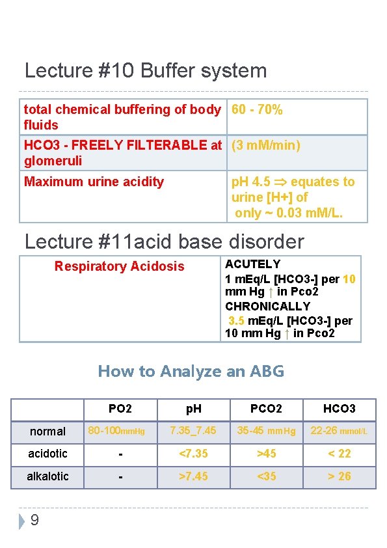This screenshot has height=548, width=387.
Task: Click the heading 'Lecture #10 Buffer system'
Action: click(146, 70)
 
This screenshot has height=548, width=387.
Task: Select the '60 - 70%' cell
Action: click(257, 109)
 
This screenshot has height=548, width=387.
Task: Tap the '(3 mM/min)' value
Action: click(266, 145)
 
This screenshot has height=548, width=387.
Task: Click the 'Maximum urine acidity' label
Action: click(94, 182)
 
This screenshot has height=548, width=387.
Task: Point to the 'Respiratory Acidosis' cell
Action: click(120, 266)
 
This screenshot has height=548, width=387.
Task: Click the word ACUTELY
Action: click(253, 264)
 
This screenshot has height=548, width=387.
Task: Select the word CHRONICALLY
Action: click(259, 306)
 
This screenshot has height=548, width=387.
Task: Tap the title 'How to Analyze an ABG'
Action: click(191, 372)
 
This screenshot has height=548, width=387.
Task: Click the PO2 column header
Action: click(120, 409)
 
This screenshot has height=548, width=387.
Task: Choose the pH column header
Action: click(194, 409)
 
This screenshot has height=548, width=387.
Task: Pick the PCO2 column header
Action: click(267, 409)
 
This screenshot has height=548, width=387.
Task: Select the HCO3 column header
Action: click(340, 409)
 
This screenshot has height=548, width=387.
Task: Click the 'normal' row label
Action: click(48, 431)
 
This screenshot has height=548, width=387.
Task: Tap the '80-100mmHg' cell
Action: click(121, 431)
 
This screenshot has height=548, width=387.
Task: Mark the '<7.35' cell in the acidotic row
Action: click(194, 454)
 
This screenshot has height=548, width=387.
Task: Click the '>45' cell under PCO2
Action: click(267, 454)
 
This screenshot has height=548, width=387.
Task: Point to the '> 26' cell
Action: click(340, 476)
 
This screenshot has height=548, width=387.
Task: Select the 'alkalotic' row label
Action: click(47, 476)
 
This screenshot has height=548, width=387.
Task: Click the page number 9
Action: click(34, 520)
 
